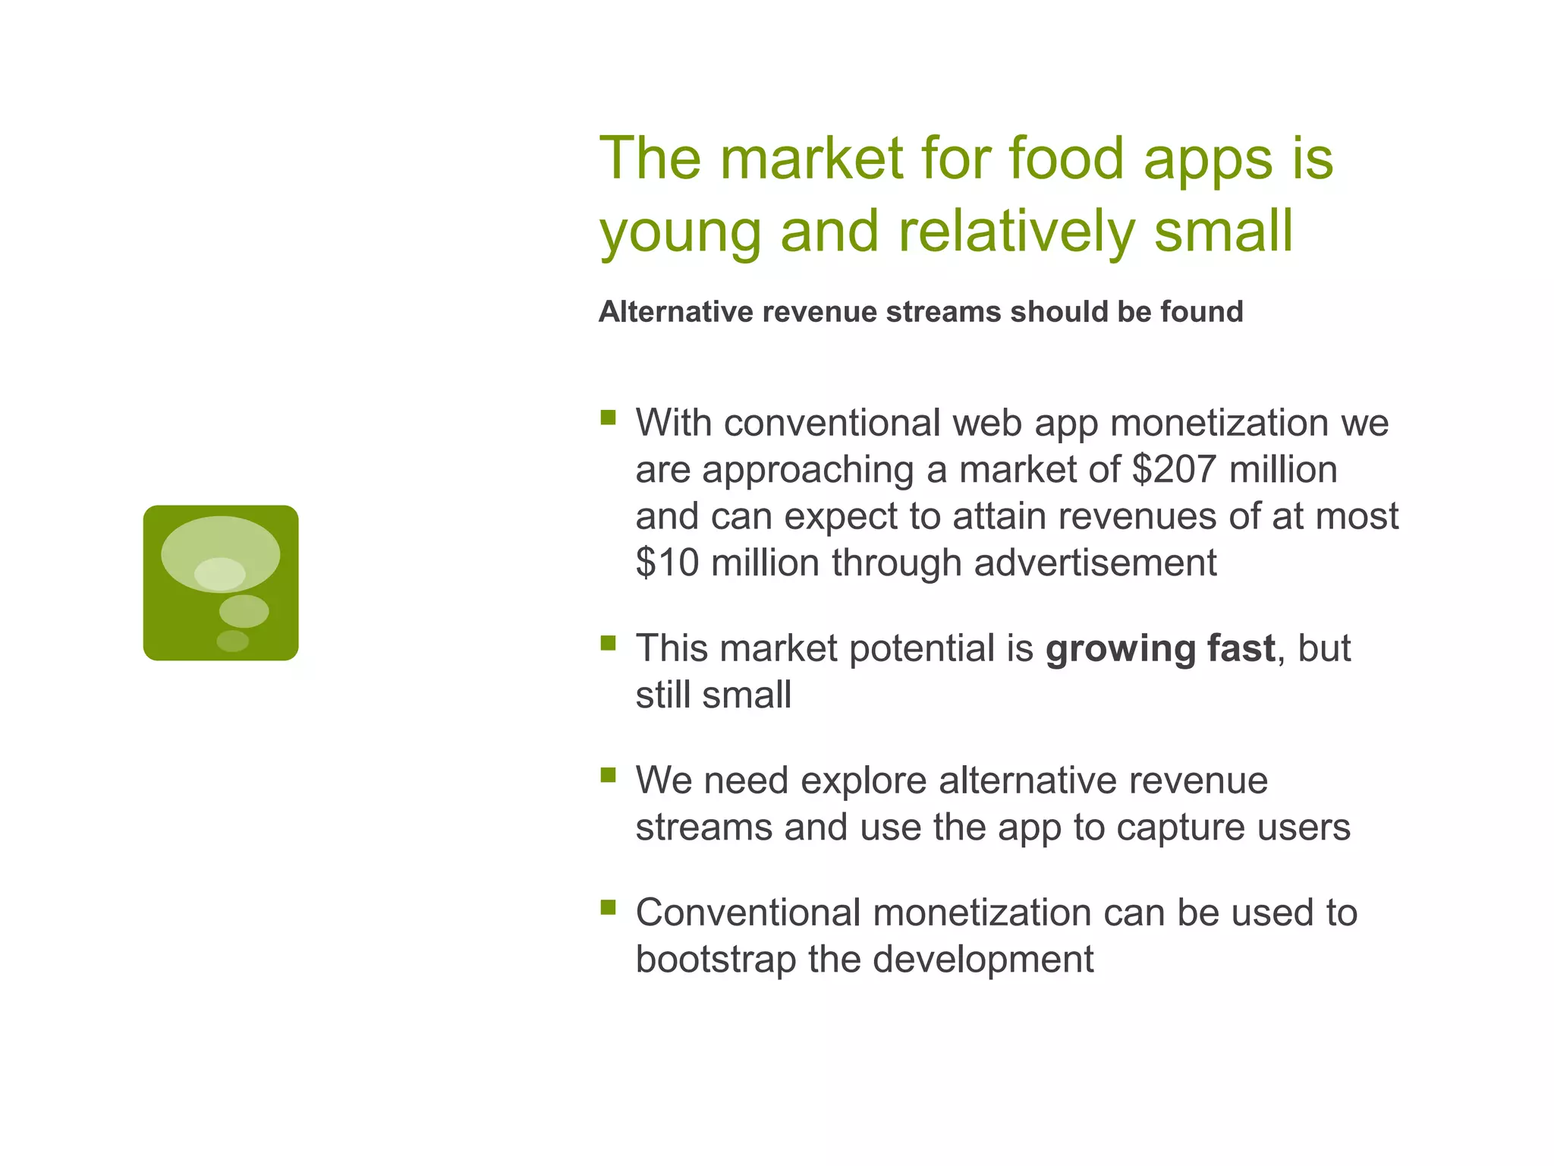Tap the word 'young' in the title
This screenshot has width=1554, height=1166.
[681, 232]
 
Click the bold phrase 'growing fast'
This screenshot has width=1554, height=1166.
[1160, 649]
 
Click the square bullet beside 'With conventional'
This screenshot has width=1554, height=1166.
[608, 418]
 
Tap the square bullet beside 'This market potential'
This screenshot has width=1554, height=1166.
[608, 644]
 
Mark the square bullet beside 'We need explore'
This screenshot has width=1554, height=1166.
[608, 775]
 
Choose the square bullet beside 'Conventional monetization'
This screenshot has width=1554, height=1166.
[608, 907]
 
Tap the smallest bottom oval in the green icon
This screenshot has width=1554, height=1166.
[232, 641]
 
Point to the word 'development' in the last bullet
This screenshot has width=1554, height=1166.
[983, 960]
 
